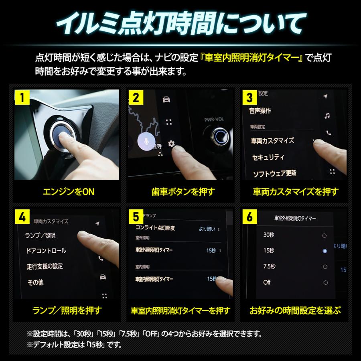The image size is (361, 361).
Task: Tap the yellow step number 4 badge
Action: (22, 217)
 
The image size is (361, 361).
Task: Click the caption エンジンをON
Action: (68, 191)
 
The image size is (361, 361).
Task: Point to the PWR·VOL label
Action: (213, 119)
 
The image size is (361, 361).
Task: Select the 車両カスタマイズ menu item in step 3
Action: (272, 141)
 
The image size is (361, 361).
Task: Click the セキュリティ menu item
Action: (268, 157)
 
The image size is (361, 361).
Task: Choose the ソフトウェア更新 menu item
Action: (274, 173)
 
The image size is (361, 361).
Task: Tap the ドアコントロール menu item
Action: (46, 251)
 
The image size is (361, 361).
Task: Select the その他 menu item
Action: (35, 282)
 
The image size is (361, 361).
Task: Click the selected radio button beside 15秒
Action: (324, 251)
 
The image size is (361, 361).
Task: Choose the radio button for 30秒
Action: (324, 235)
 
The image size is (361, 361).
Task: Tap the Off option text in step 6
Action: (267, 282)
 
